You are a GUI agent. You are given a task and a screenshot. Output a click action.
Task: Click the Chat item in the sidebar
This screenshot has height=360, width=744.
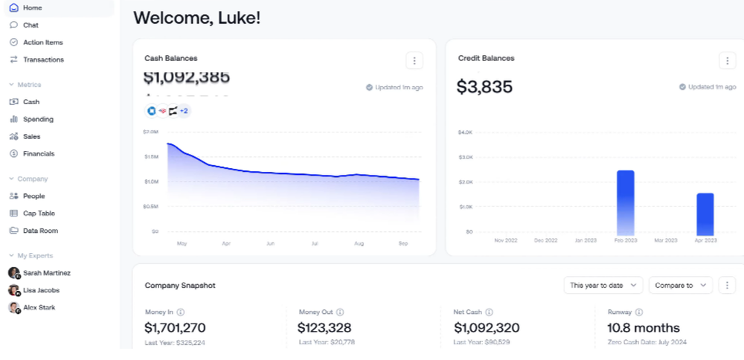[x=31, y=25]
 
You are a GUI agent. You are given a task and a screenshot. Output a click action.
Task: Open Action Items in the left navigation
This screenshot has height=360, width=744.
[x=42, y=42]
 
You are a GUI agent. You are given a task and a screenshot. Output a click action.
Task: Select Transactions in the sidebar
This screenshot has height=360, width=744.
[x=43, y=60]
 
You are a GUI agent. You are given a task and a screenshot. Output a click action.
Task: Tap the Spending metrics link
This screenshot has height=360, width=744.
[x=38, y=119]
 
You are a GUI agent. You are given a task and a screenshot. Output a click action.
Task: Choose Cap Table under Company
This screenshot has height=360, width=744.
[x=39, y=213]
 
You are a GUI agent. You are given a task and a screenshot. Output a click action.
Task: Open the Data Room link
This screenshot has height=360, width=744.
[x=40, y=231]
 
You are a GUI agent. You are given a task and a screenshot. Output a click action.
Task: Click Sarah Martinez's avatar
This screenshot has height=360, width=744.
[x=14, y=273]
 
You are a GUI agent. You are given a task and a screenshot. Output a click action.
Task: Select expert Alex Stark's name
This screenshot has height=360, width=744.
[x=39, y=307]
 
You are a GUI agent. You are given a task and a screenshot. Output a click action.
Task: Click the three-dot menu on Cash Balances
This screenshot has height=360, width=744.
[x=414, y=60]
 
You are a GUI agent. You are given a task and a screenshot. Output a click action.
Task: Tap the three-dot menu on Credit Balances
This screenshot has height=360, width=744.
[x=727, y=60]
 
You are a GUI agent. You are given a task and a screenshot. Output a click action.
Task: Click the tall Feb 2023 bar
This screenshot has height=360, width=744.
[x=625, y=202]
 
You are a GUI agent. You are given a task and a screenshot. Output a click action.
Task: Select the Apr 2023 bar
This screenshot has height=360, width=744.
[x=705, y=214]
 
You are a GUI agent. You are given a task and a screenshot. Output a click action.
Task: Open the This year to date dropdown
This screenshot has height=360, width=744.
[x=603, y=285]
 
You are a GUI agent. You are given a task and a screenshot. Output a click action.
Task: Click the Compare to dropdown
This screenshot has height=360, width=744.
[x=680, y=285]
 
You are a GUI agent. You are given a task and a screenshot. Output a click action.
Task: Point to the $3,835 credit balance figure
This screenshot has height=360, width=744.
[x=484, y=87]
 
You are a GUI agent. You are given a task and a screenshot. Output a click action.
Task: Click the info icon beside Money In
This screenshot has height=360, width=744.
[x=181, y=312]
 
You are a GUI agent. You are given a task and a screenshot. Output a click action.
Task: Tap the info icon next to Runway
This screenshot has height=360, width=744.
[x=639, y=312]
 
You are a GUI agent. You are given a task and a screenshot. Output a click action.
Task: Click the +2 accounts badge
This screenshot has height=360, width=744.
[x=184, y=111]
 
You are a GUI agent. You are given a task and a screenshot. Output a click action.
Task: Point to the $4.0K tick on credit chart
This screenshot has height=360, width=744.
[x=464, y=132]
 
